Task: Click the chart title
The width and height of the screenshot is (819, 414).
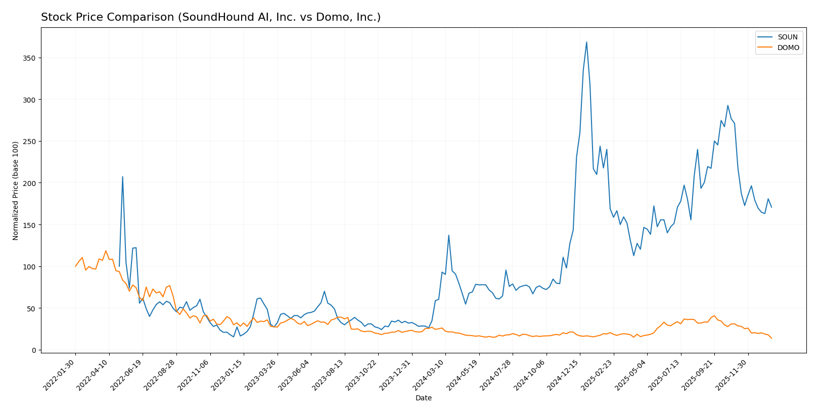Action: pyautogui.click(x=211, y=17)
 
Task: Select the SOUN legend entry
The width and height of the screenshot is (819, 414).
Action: pyautogui.click(x=787, y=37)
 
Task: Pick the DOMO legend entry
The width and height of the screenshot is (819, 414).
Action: pyautogui.click(x=788, y=48)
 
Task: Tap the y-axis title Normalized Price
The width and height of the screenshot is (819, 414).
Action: pyautogui.click(x=15, y=191)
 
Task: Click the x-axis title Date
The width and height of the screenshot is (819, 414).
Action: pyautogui.click(x=423, y=398)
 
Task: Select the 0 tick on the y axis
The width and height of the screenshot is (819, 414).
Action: pyautogui.click(x=34, y=350)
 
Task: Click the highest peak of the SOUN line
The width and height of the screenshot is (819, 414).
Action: pyautogui.click(x=586, y=42)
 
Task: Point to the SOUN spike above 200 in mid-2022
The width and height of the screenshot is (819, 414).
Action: pyautogui.click(x=122, y=177)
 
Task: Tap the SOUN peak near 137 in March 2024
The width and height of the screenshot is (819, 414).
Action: pyautogui.click(x=448, y=235)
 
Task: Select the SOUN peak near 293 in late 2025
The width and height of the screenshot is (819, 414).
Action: pyautogui.click(x=727, y=106)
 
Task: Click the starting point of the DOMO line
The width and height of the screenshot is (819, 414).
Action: pyautogui.click(x=75, y=266)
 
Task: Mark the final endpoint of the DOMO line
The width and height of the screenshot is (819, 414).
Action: pyautogui.click(x=771, y=338)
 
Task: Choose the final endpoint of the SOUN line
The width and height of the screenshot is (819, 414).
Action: pyautogui.click(x=771, y=207)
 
